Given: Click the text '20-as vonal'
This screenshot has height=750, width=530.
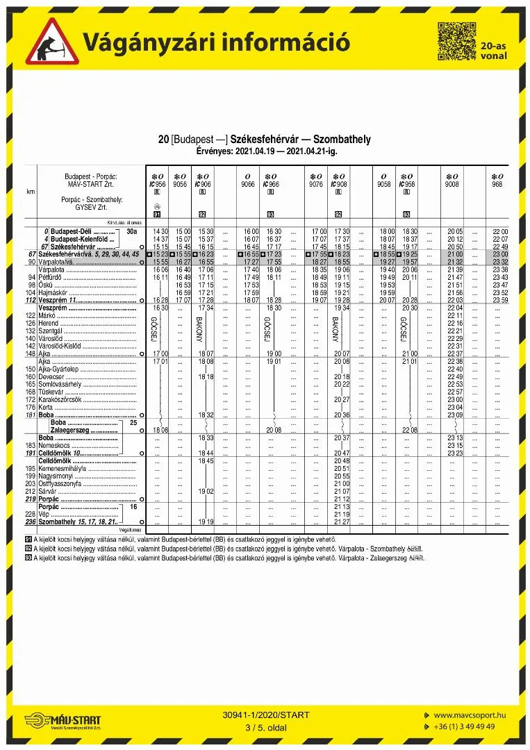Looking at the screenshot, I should (x=493, y=51).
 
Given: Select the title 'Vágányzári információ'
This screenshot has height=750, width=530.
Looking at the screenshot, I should (x=216, y=42).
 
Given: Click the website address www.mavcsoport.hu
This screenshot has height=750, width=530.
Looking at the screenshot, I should (x=470, y=715).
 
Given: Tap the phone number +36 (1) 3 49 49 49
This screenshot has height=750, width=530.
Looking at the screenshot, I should (x=465, y=726).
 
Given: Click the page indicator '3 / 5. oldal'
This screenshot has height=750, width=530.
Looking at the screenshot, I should (x=266, y=728).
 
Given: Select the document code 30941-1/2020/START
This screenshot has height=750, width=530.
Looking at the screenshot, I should (x=266, y=715).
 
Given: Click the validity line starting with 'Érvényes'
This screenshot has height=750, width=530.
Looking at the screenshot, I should (x=265, y=150).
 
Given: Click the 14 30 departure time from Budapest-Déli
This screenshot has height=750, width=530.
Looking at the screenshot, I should (x=160, y=231).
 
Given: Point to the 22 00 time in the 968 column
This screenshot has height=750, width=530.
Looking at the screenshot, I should (x=499, y=231).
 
